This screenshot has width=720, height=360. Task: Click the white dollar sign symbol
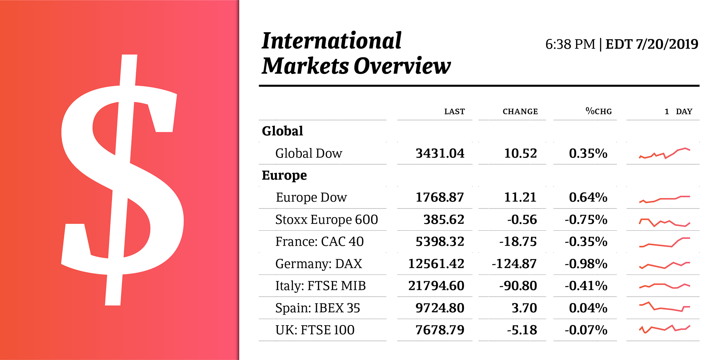point(122,180)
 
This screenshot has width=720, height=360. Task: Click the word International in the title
point(331,41)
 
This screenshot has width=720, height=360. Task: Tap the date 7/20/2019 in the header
point(667,44)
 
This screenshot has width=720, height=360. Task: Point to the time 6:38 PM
point(570,44)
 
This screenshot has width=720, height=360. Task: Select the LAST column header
point(454,111)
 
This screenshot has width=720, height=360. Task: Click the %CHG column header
point(598,111)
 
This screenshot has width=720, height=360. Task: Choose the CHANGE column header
point(520,111)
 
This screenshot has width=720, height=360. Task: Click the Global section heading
point(282,131)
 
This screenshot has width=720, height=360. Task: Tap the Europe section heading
point(284,175)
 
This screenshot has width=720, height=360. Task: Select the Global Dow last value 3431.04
point(440,153)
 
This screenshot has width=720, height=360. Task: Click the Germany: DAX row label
point(318,264)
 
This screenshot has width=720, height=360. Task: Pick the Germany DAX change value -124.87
point(514,264)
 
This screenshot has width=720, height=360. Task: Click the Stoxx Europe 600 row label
point(326,219)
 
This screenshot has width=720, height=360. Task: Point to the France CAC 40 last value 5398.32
point(440,241)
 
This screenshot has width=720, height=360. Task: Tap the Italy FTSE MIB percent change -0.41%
point(586,286)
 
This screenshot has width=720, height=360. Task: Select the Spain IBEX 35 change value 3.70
point(524,308)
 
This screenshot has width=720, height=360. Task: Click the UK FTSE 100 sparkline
point(664,329)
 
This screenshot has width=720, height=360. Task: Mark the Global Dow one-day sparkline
point(664,153)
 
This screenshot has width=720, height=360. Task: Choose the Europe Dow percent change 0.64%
point(588,197)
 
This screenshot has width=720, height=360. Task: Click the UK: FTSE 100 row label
point(315,330)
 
